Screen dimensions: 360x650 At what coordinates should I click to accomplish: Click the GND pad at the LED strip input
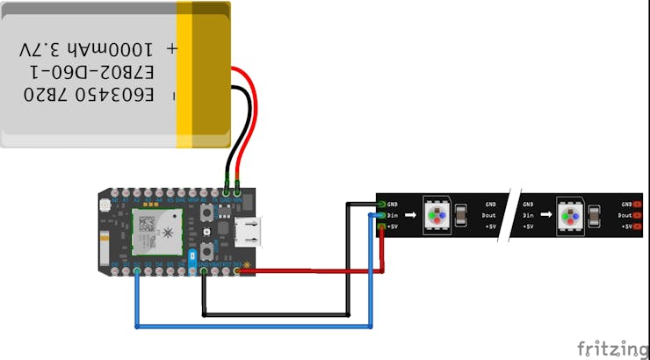381,203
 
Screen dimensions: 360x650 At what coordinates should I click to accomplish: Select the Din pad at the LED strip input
381,214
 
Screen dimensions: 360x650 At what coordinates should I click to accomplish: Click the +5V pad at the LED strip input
381,227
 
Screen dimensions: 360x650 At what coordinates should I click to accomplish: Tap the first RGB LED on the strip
436,215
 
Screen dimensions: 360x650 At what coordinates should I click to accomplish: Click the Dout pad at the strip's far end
637,214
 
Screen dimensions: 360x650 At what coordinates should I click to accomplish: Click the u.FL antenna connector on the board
105,205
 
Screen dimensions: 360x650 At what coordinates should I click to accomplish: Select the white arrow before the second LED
545,215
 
